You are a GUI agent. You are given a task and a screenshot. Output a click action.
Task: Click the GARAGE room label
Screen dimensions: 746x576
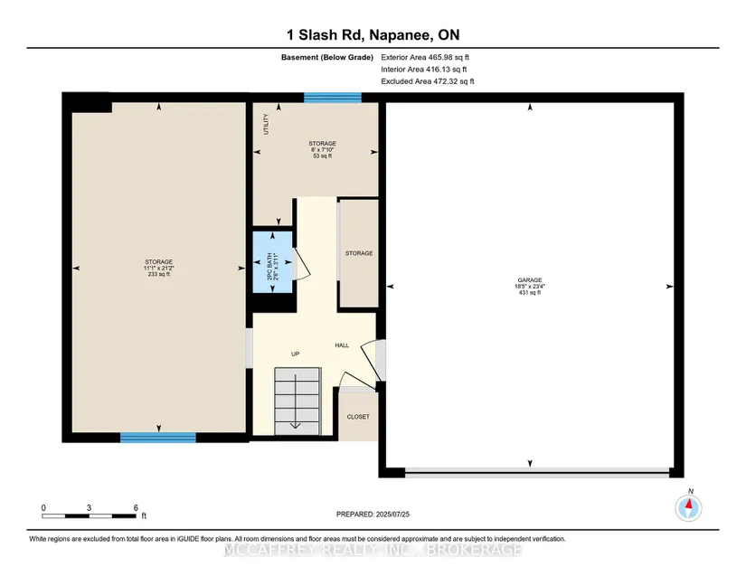tap(530, 280)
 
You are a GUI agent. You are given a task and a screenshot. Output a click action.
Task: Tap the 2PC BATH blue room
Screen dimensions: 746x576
tap(272, 262)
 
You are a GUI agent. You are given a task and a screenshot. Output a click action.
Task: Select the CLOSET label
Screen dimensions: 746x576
tap(358, 417)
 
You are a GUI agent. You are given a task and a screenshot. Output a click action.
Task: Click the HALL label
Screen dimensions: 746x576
tap(342, 345)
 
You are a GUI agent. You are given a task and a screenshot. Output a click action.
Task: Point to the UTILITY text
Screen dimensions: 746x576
tap(266, 124)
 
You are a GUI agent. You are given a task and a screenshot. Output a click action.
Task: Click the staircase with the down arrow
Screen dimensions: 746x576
tap(297, 401)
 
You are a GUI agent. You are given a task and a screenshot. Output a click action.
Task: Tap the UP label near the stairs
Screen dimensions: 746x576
tap(296, 354)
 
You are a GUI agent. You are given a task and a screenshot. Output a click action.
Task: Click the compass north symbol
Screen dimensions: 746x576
tap(688, 507)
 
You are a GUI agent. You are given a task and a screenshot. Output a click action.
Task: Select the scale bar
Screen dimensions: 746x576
tap(90, 515)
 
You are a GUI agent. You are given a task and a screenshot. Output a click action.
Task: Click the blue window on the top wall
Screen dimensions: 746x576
tap(333, 98)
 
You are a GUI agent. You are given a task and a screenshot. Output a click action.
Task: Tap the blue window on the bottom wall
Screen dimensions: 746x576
tap(158, 438)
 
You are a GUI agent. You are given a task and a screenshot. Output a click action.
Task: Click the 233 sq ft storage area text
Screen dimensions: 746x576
tap(159, 275)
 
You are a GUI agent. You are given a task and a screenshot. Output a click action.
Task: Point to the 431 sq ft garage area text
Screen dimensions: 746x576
tap(530, 292)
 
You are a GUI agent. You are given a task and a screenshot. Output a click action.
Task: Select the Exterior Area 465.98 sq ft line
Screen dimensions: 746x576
tap(425, 57)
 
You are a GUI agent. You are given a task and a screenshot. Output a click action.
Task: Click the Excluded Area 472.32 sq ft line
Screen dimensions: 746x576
tap(427, 81)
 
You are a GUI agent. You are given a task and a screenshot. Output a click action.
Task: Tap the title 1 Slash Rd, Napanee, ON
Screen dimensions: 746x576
tap(373, 34)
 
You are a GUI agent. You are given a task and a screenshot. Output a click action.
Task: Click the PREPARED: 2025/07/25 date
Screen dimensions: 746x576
tap(373, 515)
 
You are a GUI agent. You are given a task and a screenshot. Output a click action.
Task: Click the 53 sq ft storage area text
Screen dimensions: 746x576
tap(323, 156)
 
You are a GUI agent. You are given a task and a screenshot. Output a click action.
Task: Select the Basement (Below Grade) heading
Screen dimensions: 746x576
tap(326, 58)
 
